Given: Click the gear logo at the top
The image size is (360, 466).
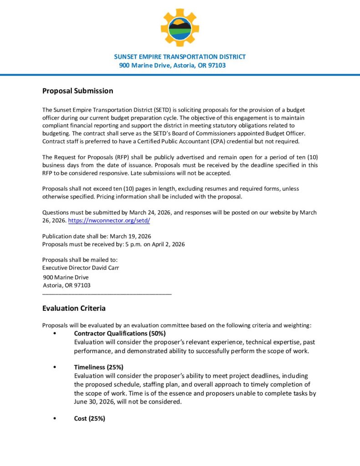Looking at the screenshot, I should pos(180,27).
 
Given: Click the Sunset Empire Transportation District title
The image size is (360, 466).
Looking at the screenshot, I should pos(180,57).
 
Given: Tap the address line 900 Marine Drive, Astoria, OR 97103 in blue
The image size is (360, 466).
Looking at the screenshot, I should pos(172,66).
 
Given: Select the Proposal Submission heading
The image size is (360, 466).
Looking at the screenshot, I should pos(77,91).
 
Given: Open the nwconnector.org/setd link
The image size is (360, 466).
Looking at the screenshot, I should pos(109,220).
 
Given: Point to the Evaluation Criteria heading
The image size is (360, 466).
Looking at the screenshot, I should pos(74,308).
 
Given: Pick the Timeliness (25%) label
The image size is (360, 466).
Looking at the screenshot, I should pos(99,367).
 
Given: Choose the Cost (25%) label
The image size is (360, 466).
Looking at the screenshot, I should pos(90,419).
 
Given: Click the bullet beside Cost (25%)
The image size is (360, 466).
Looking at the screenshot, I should pos(55,419).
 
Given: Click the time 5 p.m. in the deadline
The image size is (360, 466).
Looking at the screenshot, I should pos(135,244).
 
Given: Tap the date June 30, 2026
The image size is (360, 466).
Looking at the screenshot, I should pos(94,402).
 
